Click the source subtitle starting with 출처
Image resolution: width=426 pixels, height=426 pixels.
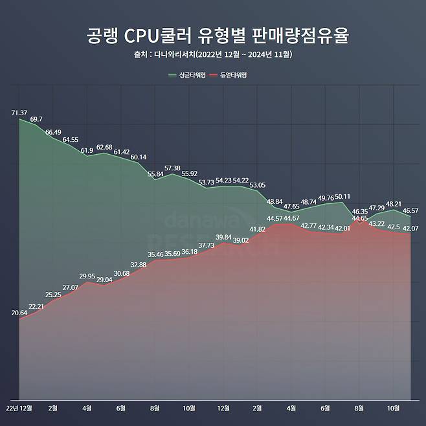[x=213, y=54]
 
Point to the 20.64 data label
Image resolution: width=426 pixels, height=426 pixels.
[x=20, y=313]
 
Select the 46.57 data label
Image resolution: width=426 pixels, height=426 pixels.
[x=410, y=211]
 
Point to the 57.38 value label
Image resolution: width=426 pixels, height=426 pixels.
[x=172, y=168]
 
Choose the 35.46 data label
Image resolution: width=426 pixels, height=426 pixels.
[x=155, y=254]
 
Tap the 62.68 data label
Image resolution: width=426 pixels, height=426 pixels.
[x=104, y=147]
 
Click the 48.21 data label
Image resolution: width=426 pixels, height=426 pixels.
[x=393, y=203]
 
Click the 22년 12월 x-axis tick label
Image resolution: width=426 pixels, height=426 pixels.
[x=19, y=408]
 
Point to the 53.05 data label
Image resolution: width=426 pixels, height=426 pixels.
[x=257, y=185]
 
